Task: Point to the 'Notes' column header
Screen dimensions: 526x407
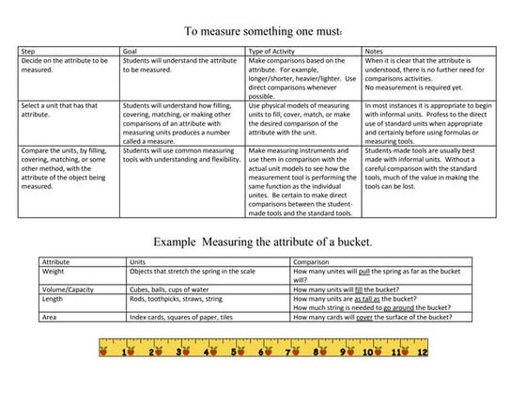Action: coord(376,51)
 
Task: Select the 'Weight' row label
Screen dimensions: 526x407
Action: coord(54,271)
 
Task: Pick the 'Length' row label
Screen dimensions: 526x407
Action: coord(54,299)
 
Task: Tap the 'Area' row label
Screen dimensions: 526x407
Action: coord(51,318)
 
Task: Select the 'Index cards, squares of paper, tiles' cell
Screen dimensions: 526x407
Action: coord(182,318)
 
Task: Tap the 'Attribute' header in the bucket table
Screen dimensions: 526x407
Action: coord(59,261)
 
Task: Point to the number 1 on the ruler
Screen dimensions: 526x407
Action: coord(126,352)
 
